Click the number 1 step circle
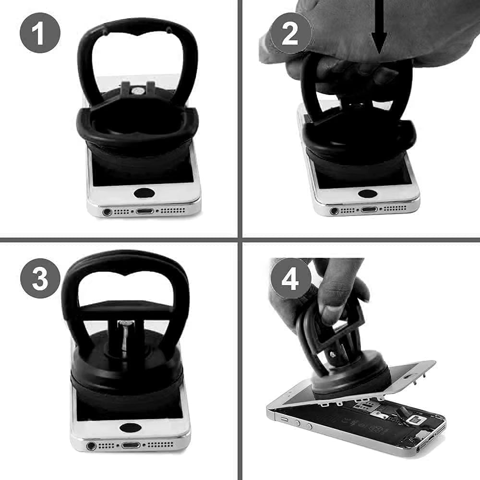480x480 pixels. click(40, 32)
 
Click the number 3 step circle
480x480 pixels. click(40, 278)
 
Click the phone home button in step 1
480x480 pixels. click(144, 193)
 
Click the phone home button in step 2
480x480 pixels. click(368, 194)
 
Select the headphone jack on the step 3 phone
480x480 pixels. click(91, 446)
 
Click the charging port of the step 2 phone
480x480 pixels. click(369, 209)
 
